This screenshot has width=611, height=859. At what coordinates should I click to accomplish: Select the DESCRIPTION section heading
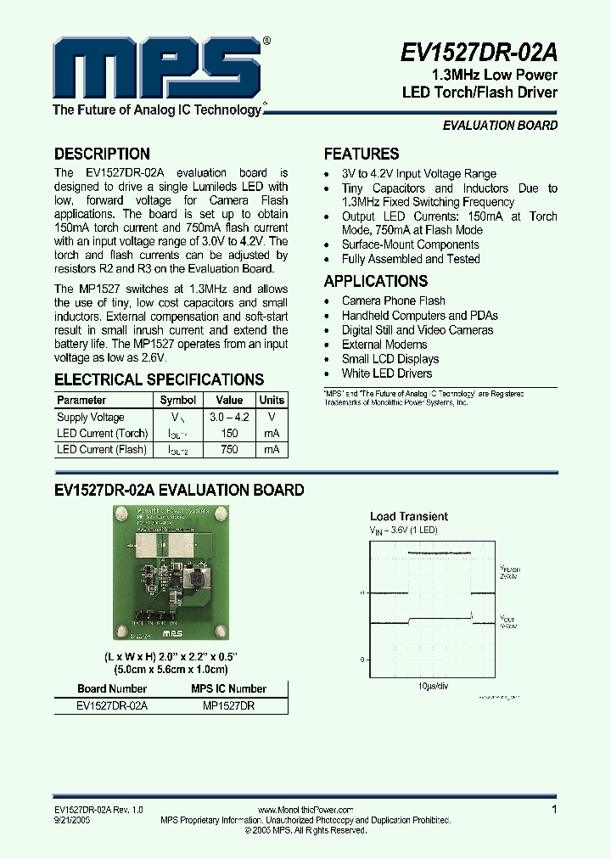pyautogui.click(x=102, y=154)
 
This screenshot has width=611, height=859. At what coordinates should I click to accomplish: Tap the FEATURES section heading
pyautogui.click(x=362, y=154)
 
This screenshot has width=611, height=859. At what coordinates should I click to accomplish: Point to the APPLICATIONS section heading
pyautogui.click(x=376, y=281)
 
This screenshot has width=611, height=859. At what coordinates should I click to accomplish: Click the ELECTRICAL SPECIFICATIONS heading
pyautogui.click(x=159, y=379)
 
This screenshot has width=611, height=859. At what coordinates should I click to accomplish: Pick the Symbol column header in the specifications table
pyautogui.click(x=177, y=400)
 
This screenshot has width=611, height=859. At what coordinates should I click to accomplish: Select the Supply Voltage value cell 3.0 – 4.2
pyautogui.click(x=229, y=417)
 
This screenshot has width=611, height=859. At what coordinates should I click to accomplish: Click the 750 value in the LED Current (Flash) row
pyautogui.click(x=229, y=449)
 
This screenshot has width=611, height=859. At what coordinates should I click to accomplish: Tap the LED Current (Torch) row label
pyautogui.click(x=102, y=433)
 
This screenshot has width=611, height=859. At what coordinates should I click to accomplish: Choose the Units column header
pyautogui.click(x=272, y=400)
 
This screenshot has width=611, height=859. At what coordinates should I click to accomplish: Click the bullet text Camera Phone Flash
pyautogui.click(x=393, y=300)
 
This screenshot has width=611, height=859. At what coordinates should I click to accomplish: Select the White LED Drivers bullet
pyautogui.click(x=386, y=373)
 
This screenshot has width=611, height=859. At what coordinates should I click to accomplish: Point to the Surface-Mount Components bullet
pyautogui.click(x=410, y=244)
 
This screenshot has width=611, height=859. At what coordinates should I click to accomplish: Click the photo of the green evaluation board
pyautogui.click(x=171, y=573)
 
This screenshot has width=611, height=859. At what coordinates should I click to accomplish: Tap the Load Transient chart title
pyautogui.click(x=409, y=516)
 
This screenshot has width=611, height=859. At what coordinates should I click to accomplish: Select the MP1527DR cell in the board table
pyautogui.click(x=229, y=705)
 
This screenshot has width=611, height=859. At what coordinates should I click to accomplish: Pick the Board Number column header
pyautogui.click(x=112, y=688)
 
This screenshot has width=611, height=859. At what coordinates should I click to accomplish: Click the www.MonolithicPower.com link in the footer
pyautogui.click(x=305, y=811)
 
